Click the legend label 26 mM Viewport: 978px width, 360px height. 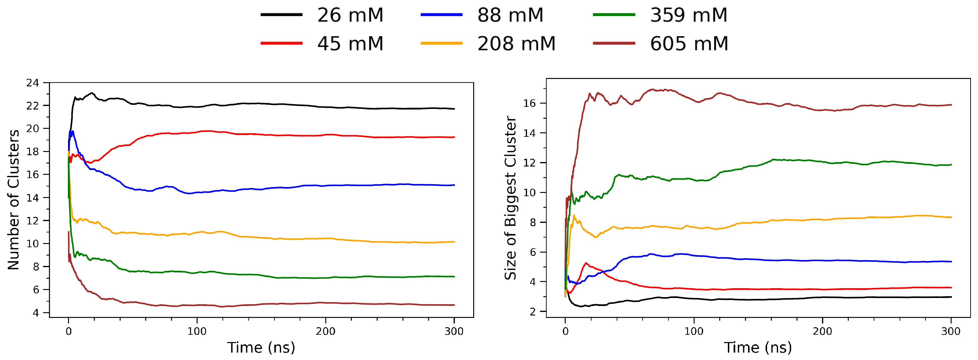click(350, 15)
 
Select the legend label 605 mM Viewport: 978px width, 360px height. click(689, 44)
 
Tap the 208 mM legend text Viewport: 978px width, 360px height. click(516, 44)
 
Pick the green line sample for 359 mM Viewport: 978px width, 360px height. click(614, 15)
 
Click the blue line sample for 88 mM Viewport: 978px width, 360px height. click(441, 15)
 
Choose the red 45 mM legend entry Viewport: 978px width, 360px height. click(281, 44)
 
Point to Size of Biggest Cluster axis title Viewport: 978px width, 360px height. click(510, 198)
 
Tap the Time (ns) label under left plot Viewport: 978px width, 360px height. click(261, 347)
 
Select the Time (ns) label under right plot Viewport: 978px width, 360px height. click(758, 347)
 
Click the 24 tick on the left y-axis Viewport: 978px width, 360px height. click(33, 83)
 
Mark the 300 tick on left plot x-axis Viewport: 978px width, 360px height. click(454, 331)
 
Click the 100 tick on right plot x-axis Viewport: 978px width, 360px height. click(694, 331)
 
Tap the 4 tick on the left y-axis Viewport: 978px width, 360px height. click(36, 313)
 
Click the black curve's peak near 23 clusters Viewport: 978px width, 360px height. click(92, 93)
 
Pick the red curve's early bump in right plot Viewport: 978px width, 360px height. click(586, 263)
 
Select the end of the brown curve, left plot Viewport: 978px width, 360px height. click(454, 305)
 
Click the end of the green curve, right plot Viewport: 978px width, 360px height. click(950, 165)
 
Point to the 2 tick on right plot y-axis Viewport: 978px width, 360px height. click(532, 311)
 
